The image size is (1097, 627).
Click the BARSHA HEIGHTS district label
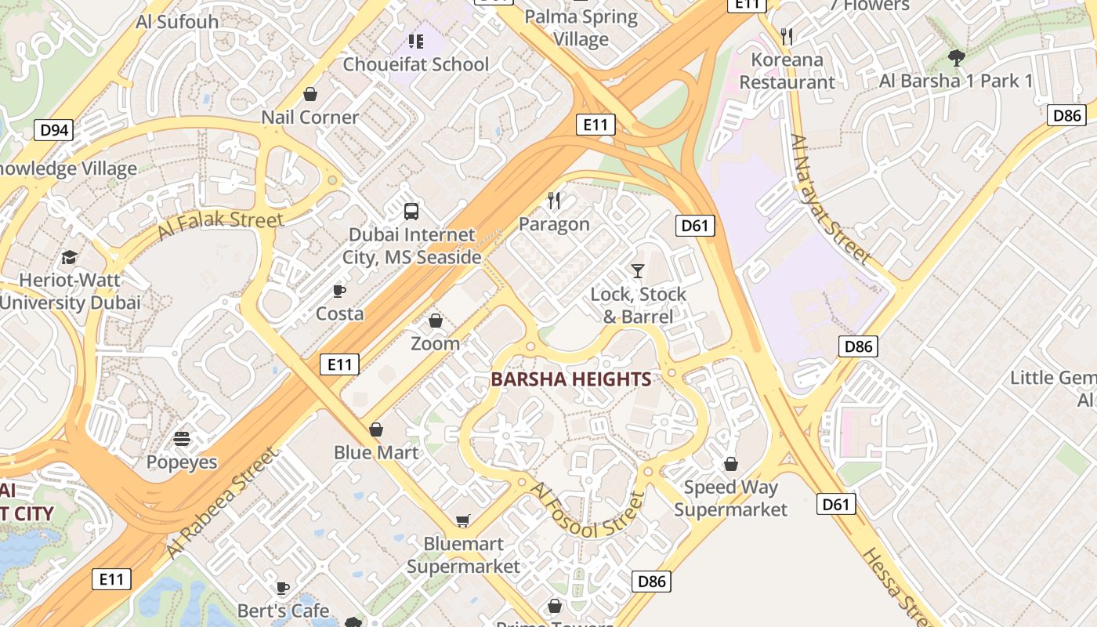click(x=570, y=379)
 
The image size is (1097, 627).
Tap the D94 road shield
click(x=53, y=129)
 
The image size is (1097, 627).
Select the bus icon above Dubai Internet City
click(x=411, y=211)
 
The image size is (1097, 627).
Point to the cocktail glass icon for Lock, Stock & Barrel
click(x=638, y=271)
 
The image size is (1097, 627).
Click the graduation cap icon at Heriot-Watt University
click(x=70, y=257)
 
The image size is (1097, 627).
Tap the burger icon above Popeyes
click(x=182, y=439)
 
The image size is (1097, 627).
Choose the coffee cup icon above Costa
click(x=339, y=292)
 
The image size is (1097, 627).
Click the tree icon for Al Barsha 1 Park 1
click(x=956, y=57)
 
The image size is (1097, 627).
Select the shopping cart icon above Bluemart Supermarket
click(x=463, y=521)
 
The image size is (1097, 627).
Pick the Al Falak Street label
click(x=220, y=225)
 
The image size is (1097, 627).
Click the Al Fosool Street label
click(x=588, y=510)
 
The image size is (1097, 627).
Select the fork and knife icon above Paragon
click(x=554, y=201)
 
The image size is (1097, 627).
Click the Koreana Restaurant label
click(x=787, y=71)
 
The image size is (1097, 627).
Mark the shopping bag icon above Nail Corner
click(x=310, y=95)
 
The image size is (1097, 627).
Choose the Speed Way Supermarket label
click(x=730, y=498)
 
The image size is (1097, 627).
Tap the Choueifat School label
click(x=415, y=64)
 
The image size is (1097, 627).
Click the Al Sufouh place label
click(x=177, y=21)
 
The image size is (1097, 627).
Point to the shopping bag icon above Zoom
click(x=436, y=321)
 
